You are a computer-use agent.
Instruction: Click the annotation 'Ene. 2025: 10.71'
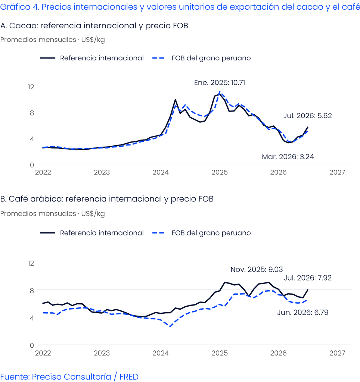point(220,82)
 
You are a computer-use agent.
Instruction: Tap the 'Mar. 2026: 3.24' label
point(288,157)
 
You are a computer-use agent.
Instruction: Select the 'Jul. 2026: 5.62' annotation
point(308,116)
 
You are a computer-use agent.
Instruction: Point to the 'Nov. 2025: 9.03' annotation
point(257,269)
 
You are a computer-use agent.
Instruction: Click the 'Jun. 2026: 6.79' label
point(303,312)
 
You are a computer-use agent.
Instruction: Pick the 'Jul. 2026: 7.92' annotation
point(308,278)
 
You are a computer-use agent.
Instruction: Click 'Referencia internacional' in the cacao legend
point(102,58)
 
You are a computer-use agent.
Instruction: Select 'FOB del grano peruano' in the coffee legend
point(211,233)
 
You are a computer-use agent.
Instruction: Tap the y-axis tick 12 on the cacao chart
point(31,87)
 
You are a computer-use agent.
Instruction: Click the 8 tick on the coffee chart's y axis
point(32,290)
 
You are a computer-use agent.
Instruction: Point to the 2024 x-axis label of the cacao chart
point(161,172)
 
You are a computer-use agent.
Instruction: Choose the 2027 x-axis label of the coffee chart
point(337,353)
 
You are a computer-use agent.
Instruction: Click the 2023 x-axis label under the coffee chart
point(102,353)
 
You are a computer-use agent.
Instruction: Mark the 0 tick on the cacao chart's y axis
point(32,165)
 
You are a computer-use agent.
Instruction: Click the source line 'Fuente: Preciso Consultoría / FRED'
point(69,377)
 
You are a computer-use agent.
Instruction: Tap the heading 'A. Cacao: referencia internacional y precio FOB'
point(94,26)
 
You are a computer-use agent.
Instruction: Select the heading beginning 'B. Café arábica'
point(107,199)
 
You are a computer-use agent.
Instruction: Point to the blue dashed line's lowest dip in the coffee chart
point(170,326)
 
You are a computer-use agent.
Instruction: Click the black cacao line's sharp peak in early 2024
point(176,100)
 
